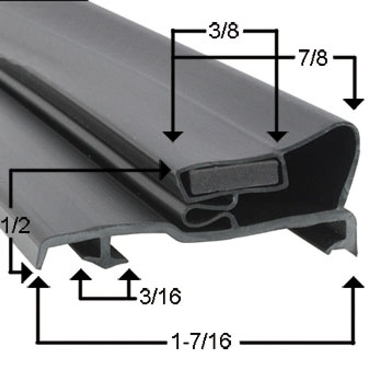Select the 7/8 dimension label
313,58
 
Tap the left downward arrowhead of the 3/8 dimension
173,136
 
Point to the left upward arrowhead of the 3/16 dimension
80,274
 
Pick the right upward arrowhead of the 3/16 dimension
129,274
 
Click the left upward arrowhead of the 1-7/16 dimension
38,282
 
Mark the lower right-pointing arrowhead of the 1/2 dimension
26,273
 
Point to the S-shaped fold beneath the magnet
209,214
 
